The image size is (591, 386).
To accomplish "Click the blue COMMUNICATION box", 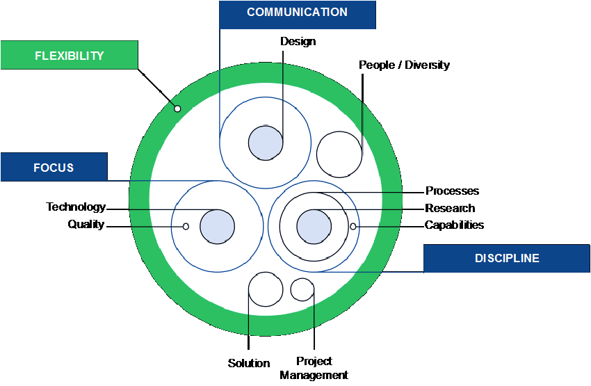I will click(x=297, y=14).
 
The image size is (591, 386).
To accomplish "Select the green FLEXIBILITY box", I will click(x=69, y=55).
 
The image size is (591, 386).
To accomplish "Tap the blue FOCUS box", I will click(x=54, y=167).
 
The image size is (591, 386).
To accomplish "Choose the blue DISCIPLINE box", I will click(x=506, y=258).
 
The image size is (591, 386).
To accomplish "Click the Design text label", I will click(x=298, y=42).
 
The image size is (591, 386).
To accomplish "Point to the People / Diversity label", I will click(x=404, y=65).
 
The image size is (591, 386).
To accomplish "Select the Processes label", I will click(x=452, y=191).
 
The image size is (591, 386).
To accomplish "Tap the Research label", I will click(x=450, y=208).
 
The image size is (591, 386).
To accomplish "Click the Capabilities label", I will click(x=454, y=225).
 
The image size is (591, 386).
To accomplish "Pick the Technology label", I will click(x=76, y=207).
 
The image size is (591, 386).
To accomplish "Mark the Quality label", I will click(x=86, y=225).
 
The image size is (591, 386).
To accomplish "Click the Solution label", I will click(x=248, y=363).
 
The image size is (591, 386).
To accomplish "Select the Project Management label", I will click(x=314, y=369).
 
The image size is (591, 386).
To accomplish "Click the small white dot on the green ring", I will click(x=177, y=108).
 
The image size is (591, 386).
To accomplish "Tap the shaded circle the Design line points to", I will click(x=266, y=143).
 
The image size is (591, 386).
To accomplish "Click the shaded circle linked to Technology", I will click(x=217, y=226).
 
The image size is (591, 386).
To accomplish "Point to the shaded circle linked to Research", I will click(x=314, y=226).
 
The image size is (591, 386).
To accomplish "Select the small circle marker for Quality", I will click(x=186, y=226).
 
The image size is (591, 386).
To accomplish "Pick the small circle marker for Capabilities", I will click(x=353, y=226).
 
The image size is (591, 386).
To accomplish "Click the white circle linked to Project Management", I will click(x=302, y=289).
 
